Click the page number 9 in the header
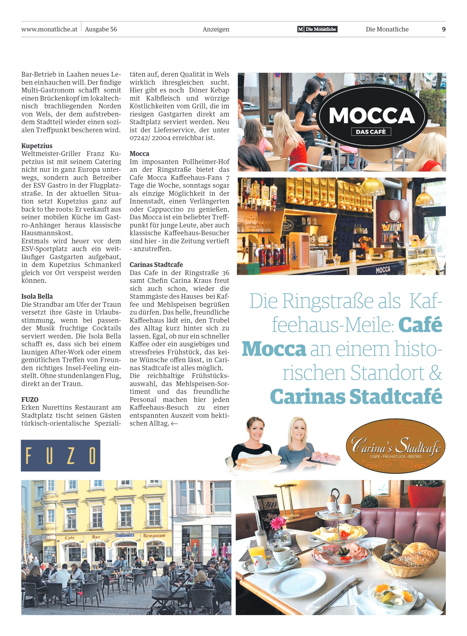444,29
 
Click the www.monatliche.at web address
49,29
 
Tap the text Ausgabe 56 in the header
101,29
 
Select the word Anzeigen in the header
216,29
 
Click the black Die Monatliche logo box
317,29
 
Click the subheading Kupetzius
37,146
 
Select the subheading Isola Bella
37,296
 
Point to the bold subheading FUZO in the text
30,400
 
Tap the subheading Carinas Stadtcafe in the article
156,265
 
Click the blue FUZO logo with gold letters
61,455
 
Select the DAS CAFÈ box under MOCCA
371,132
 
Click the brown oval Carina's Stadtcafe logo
395,446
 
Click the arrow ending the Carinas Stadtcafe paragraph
174,424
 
